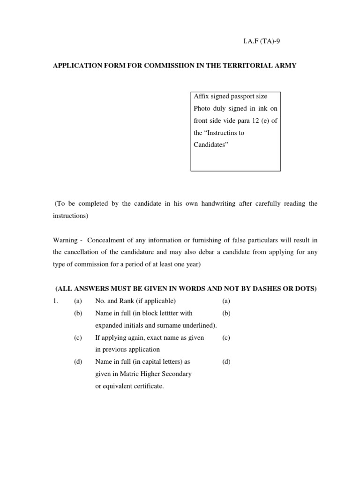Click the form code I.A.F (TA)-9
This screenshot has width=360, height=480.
(x=262, y=41)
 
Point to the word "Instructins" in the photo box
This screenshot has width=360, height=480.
(x=220, y=133)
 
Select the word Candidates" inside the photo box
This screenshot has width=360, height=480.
(x=211, y=145)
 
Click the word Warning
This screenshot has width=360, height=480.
(x=65, y=240)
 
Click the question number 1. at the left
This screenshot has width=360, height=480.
(x=55, y=301)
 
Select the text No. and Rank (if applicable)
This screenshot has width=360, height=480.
(x=135, y=301)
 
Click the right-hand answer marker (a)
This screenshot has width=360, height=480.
(x=226, y=301)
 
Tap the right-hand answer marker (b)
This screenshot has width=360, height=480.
(x=226, y=313)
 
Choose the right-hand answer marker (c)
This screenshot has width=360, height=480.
(x=226, y=337)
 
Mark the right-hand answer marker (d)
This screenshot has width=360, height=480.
(x=226, y=362)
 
